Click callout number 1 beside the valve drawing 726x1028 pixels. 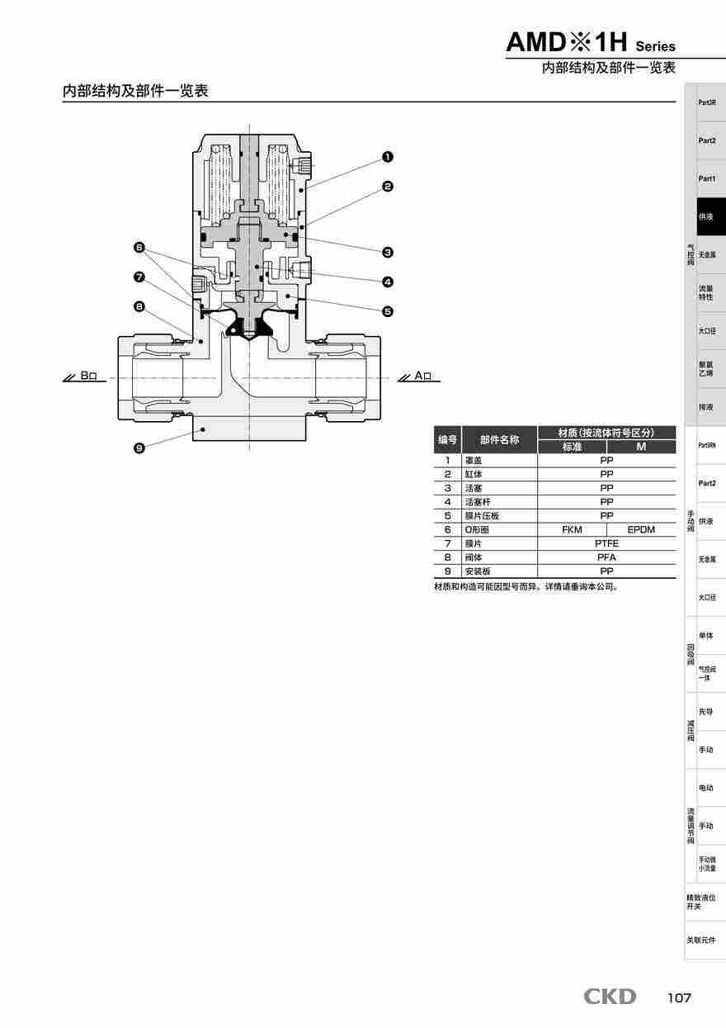(388, 156)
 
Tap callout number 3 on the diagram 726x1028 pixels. (388, 252)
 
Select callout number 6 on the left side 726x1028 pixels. (139, 247)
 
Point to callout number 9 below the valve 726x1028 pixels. (139, 448)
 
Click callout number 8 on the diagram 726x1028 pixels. (139, 306)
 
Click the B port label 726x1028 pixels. (88, 376)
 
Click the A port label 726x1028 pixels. (422, 376)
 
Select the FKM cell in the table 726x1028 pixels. (572, 529)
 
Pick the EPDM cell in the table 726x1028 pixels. (641, 529)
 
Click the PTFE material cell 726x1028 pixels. (606, 543)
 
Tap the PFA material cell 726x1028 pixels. (606, 557)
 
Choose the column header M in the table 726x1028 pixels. (641, 447)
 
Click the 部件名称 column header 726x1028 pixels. (499, 440)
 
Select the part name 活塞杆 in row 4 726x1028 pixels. (478, 502)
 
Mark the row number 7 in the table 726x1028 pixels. (447, 543)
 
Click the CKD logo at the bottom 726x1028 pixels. (610, 997)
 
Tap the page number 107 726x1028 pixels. (679, 998)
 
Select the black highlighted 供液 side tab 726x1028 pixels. (707, 217)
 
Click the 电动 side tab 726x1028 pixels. (706, 788)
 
